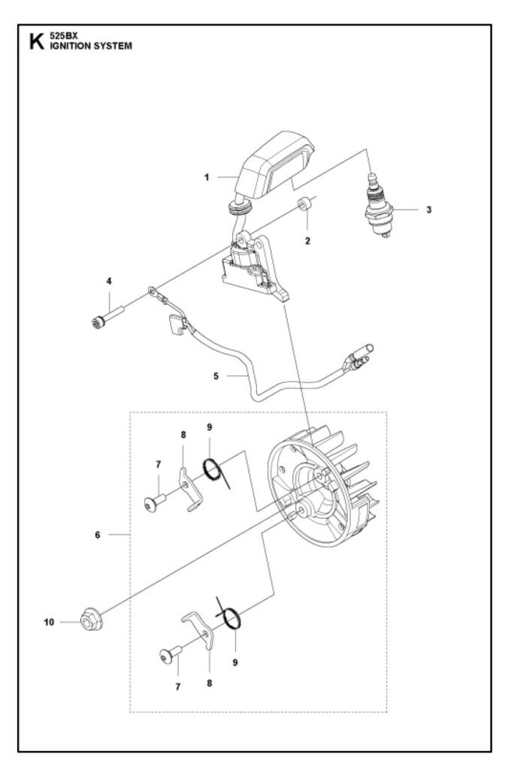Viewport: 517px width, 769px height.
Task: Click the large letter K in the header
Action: (36, 41)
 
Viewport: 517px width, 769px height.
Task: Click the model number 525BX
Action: (60, 36)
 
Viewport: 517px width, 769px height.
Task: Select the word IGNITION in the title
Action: (70, 46)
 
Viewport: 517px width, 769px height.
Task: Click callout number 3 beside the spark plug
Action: (429, 210)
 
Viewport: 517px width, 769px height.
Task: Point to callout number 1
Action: (207, 177)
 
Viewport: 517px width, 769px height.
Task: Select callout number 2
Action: (307, 241)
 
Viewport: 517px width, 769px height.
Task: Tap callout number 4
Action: (109, 281)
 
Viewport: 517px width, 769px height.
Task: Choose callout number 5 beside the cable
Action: (216, 376)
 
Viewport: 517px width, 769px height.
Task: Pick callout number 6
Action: (98, 535)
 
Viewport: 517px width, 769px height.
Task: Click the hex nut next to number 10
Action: (89, 620)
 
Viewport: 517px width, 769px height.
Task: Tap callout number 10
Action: (49, 623)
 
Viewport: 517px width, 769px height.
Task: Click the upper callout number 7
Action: (159, 464)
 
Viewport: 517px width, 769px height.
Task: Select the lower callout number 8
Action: (210, 683)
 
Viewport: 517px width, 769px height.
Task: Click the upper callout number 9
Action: (210, 427)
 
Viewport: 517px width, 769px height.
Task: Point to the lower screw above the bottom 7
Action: (171, 654)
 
